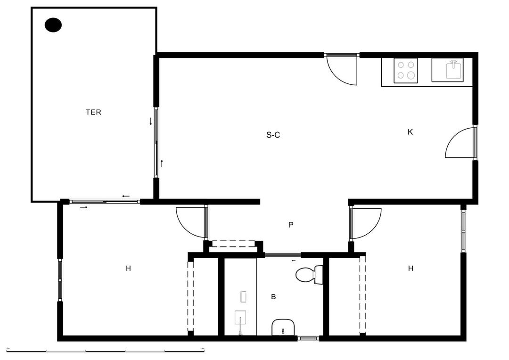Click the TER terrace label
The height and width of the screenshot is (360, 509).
93,112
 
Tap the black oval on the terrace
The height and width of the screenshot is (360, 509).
53,25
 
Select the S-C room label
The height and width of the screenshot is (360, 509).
273,135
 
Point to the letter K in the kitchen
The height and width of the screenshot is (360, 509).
410,132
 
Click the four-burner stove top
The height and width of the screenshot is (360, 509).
406,71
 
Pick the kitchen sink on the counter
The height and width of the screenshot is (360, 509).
453,70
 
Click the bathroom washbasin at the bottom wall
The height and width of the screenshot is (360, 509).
283,327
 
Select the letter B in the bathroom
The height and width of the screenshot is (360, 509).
273,297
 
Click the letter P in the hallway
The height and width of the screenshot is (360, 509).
291,225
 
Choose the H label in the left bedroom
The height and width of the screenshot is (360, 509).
128,269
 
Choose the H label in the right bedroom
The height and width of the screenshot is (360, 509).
410,269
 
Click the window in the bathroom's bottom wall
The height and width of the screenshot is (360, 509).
308,338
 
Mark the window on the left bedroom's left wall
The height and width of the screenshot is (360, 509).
60,280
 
